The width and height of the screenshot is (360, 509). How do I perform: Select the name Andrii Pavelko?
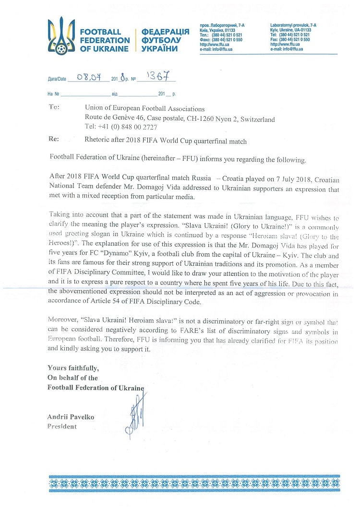tap(71, 417)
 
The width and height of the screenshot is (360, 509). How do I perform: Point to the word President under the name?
tap(62, 426)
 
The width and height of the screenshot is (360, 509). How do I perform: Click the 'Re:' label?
tap(54, 140)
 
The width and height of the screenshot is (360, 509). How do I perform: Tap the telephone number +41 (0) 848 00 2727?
tap(127, 127)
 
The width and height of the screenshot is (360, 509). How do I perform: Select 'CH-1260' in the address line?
tap(199, 119)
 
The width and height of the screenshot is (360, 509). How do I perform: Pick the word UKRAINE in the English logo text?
tap(111, 49)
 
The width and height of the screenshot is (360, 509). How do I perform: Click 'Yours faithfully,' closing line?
tap(73, 368)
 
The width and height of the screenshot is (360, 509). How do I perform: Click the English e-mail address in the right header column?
tap(287, 48)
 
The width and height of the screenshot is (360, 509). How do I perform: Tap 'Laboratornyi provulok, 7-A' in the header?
tap(293, 24)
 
